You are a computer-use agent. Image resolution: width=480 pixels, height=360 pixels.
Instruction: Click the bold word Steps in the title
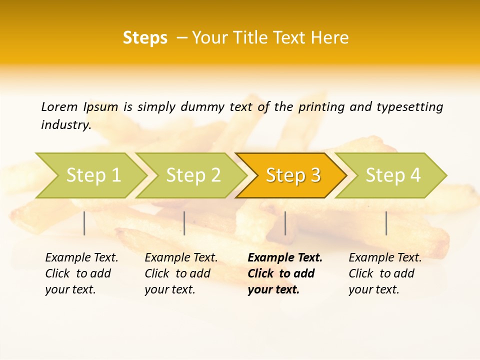point(145,38)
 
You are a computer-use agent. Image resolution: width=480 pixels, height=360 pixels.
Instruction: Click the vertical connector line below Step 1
point(84,223)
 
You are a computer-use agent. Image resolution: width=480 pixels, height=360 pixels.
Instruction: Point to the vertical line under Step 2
point(184,223)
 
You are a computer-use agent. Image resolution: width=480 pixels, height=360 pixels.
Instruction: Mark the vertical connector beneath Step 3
point(285,223)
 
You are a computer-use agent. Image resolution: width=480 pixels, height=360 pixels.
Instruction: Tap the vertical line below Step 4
point(386,223)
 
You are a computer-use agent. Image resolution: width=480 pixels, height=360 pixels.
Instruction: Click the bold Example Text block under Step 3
point(284,273)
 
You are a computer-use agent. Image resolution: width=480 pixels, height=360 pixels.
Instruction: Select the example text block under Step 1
point(81,273)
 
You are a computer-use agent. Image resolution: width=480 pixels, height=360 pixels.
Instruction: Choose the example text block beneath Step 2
point(181,273)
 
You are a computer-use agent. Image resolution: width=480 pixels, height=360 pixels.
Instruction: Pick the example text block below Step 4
point(385,273)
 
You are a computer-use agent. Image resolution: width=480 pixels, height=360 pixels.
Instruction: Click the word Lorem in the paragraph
point(59,107)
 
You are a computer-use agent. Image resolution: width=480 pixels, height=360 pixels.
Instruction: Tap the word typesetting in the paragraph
point(409,107)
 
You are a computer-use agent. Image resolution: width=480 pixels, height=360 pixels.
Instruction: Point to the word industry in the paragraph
point(65,125)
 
